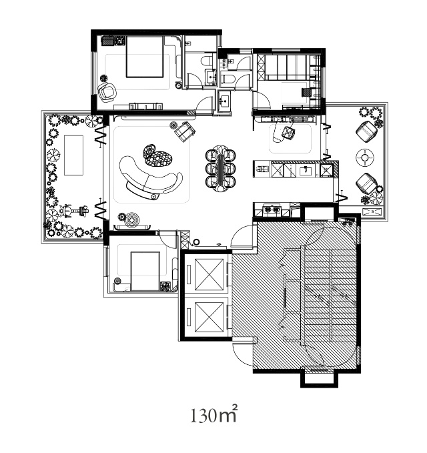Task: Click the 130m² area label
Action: [x=213, y=414]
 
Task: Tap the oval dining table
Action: [x=221, y=168]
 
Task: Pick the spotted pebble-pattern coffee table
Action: [x=158, y=155]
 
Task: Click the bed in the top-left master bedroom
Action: [x=145, y=57]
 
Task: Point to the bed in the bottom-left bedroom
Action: [x=145, y=272]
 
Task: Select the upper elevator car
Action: [x=209, y=274]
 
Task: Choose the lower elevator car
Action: [x=209, y=318]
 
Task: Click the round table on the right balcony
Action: [x=365, y=157]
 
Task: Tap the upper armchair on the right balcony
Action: [x=366, y=131]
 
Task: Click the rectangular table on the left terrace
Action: [x=73, y=155]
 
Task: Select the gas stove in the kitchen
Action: [x=271, y=209]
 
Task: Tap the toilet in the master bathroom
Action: [x=207, y=61]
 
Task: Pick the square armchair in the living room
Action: [x=185, y=131]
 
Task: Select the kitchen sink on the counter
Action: [x=305, y=170]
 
